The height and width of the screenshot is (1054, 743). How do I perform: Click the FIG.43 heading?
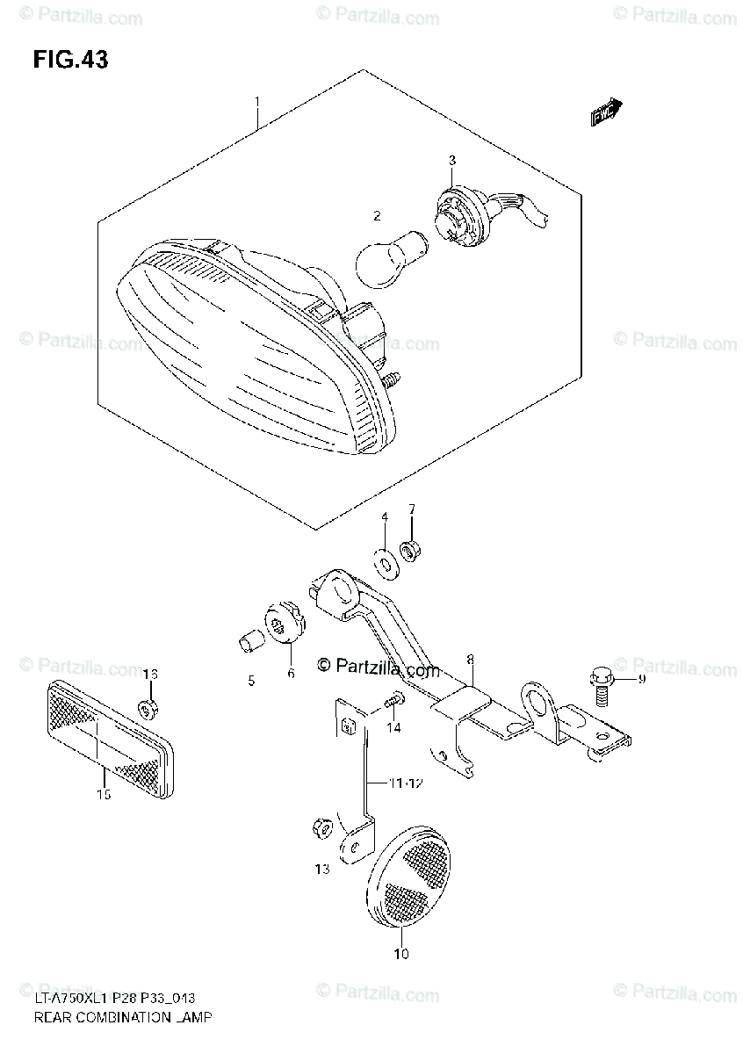tap(70, 59)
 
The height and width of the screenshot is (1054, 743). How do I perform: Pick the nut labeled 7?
tap(410, 552)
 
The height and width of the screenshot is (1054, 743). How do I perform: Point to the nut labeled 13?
tap(320, 827)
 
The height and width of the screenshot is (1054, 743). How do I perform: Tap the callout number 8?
tap(470, 658)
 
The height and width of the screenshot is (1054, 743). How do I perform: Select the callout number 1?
tap(256, 103)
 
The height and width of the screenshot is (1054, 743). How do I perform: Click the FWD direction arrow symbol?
tap(606, 112)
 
